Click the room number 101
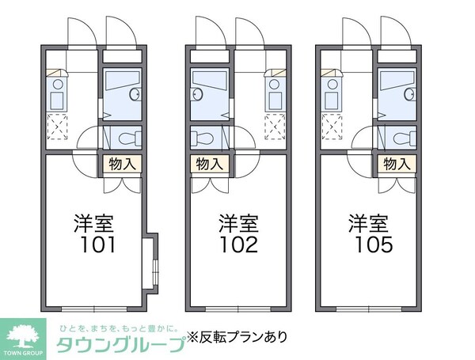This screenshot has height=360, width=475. (97, 244)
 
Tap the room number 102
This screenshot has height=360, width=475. (239, 244)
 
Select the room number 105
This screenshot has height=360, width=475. (374, 244)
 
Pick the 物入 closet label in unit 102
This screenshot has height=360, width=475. (209, 164)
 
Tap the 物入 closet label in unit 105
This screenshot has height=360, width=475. (397, 164)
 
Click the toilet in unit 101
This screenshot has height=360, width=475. (131, 138)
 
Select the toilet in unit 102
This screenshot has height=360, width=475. (202, 138)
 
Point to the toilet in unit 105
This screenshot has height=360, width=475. (405, 138)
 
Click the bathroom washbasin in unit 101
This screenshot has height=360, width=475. (135, 94)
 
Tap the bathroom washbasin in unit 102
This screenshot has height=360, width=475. (196, 94)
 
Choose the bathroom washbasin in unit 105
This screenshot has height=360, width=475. (410, 94)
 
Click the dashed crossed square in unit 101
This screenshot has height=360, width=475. (57, 127)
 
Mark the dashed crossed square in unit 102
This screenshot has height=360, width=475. (275, 127)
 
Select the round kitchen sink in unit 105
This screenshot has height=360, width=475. (332, 84)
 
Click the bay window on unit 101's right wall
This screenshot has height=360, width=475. (151, 263)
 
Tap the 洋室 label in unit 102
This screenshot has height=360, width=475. (239, 224)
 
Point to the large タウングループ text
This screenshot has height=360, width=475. (121, 344)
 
